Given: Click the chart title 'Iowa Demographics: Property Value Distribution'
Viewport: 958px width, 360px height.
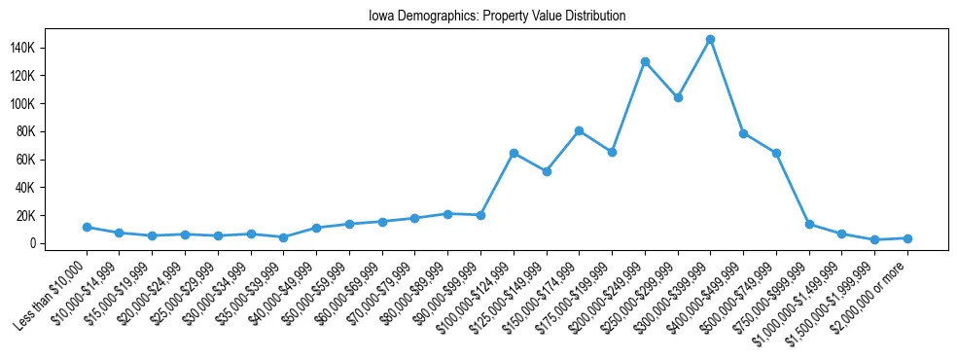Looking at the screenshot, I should (x=497, y=17).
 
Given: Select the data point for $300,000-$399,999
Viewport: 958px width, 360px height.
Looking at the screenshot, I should (x=710, y=39).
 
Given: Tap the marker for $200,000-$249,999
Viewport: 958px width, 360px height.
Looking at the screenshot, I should (x=645, y=61).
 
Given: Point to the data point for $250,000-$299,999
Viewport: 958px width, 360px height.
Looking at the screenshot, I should (x=678, y=97).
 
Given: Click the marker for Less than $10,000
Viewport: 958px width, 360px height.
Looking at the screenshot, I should (x=88, y=227).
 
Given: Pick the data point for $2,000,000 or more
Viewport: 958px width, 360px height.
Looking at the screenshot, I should (x=907, y=238).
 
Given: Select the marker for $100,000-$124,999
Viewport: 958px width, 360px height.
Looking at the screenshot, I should (x=514, y=153).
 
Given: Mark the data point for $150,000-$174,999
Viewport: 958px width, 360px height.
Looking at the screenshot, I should (x=579, y=130).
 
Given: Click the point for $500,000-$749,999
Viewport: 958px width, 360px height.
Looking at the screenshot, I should (x=776, y=153).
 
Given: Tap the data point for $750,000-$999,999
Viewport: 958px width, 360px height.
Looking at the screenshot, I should (x=809, y=224).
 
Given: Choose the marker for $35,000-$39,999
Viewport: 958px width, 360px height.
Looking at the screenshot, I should (x=283, y=237).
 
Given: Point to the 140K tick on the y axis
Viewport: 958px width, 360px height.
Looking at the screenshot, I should (x=49, y=48).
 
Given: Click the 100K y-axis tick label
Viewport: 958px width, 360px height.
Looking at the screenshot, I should (x=49, y=104).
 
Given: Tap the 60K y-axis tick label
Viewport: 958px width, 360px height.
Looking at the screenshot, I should (x=52, y=160).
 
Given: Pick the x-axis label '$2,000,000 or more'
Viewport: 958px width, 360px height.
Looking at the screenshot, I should (x=871, y=292).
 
